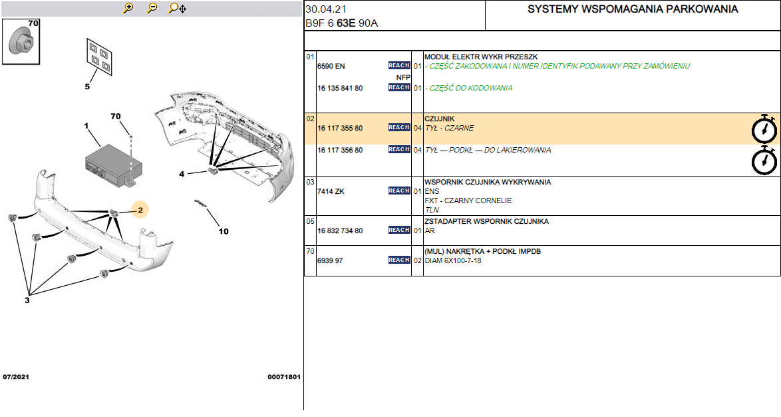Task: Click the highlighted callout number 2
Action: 140,210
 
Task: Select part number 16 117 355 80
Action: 340,128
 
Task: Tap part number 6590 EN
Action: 331,67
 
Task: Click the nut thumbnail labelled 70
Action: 21,41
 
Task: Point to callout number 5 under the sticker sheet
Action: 87,87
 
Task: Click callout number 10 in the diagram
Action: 223,231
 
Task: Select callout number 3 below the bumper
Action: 27,300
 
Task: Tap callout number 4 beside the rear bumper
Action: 182,174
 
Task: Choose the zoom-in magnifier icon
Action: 128,8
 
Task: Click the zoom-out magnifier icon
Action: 152,8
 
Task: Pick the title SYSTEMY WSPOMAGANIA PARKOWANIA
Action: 633,9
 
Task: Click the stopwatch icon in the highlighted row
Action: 764,129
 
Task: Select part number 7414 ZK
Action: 331,192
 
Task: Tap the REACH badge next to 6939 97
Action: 399,260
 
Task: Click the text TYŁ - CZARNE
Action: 449,128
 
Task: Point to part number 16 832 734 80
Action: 340,231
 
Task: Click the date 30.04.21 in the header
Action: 326,9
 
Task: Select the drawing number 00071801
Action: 284,377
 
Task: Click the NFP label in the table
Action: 403,77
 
